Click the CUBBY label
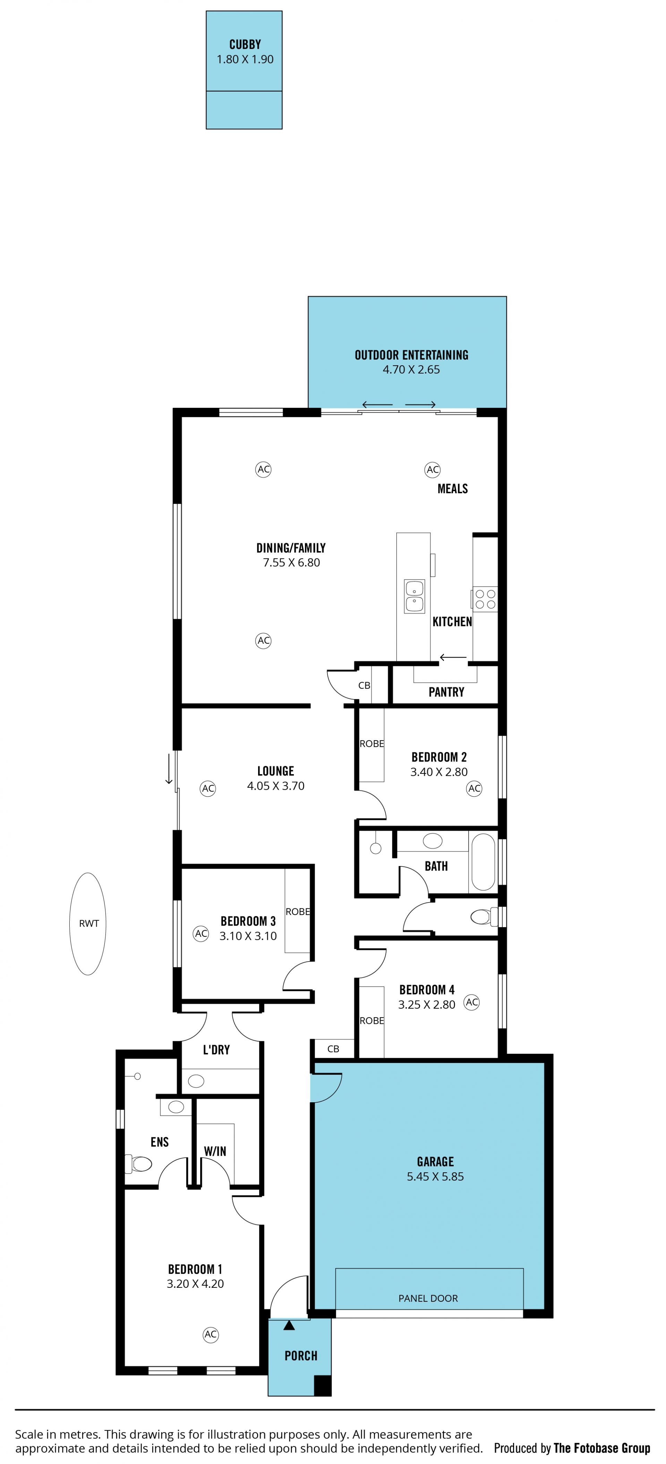pyautogui.click(x=245, y=44)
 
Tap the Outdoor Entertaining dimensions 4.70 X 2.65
pyautogui.click(x=411, y=369)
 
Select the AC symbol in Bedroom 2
pyautogui.click(x=474, y=788)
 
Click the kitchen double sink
pyautogui.click(x=414, y=596)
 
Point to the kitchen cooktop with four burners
pyautogui.click(x=485, y=599)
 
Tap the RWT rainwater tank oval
pyautogui.click(x=88, y=924)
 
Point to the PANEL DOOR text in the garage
pyautogui.click(x=428, y=1298)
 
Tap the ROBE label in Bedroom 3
pyautogui.click(x=298, y=911)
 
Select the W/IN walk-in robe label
pyautogui.click(x=215, y=1151)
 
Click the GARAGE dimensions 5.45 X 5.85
pyautogui.click(x=435, y=1176)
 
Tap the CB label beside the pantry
pyautogui.click(x=364, y=685)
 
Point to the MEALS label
pyautogui.click(x=452, y=489)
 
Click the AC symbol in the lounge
pyautogui.click(x=208, y=788)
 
